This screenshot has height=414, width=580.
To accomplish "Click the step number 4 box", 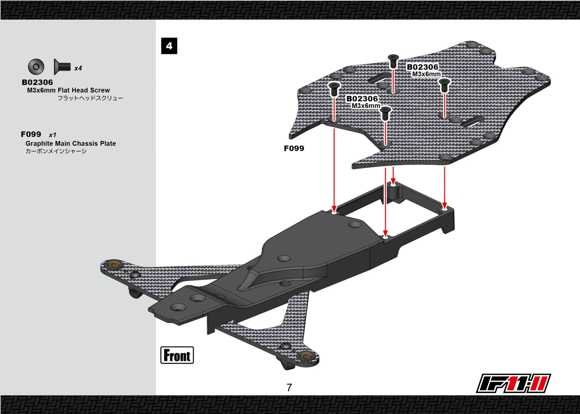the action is pyautogui.click(x=169, y=46).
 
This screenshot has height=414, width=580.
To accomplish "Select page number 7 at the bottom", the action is pyautogui.click(x=289, y=388).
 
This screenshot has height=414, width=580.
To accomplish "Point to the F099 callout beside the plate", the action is pyautogui.click(x=294, y=148).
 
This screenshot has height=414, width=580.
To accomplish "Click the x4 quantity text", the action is pyautogui.click(x=78, y=68).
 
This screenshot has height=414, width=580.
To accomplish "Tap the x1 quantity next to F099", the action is pyautogui.click(x=53, y=135).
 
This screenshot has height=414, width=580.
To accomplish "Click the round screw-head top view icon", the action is pyautogui.click(x=36, y=67).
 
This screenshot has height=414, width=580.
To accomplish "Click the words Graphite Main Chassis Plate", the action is pyautogui.click(x=71, y=144).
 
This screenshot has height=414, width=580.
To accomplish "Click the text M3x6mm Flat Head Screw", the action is pyautogui.click(x=68, y=90).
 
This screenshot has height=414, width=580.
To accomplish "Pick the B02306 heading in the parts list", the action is pyautogui.click(x=37, y=82).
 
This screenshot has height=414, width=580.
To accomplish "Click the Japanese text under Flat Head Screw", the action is pyautogui.click(x=90, y=98).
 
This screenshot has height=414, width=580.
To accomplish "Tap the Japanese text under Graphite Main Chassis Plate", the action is pyautogui.click(x=56, y=151).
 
